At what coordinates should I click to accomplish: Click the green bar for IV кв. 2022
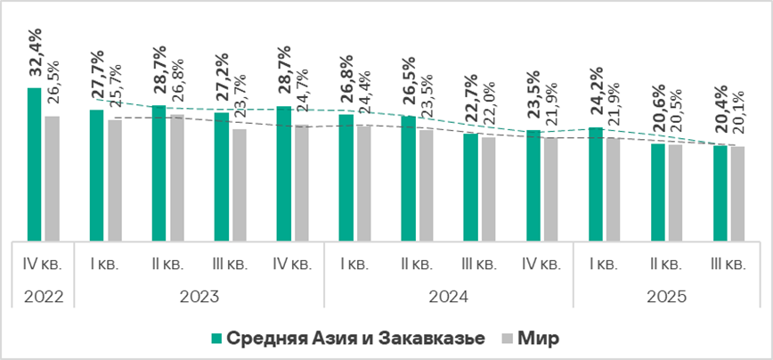tap(34, 164)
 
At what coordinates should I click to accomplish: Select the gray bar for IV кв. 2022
tap(52, 178)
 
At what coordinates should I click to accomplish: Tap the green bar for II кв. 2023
tap(159, 173)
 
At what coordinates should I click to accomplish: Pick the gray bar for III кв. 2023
tap(239, 184)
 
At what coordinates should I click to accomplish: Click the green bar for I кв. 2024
tap(346, 177)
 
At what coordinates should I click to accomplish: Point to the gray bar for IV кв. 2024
tap(550, 189)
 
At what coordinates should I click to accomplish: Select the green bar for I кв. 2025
tap(595, 184)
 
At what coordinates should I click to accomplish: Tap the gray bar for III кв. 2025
tap(737, 193)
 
